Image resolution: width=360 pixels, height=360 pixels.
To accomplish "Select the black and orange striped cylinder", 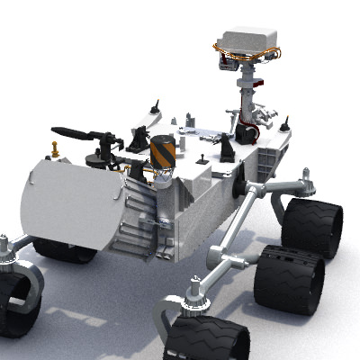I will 162,152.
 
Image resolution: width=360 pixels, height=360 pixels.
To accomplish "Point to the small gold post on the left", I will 56,148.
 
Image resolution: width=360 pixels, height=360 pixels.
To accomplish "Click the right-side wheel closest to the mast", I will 312,228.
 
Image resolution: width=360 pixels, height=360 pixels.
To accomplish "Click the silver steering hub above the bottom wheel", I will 192,292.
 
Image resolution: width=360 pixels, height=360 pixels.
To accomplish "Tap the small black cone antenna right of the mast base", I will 284,125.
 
